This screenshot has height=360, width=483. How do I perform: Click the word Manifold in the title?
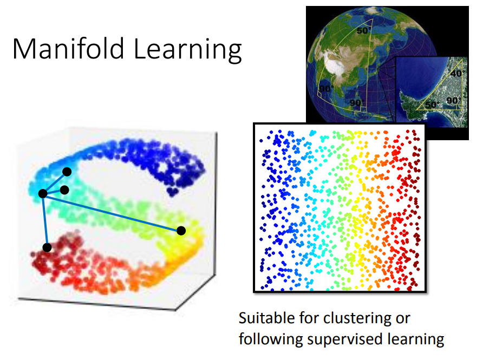(68, 48)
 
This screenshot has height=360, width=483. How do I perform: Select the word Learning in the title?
(187, 50)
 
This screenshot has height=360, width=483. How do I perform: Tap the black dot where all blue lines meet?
(43, 193)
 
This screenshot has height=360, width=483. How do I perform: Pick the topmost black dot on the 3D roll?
(67, 172)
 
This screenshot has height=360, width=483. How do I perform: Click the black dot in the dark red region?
(47, 247)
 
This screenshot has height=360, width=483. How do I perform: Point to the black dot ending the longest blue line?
(181, 231)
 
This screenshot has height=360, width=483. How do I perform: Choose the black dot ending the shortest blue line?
(64, 190)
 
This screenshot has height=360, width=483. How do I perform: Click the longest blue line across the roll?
(112, 212)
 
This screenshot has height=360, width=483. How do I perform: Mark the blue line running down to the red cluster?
(45, 220)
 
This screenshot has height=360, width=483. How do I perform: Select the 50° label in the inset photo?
(432, 104)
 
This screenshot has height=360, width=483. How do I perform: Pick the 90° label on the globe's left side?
(326, 89)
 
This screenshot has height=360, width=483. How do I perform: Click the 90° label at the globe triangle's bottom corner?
(357, 102)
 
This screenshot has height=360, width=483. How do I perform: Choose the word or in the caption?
(403, 319)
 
